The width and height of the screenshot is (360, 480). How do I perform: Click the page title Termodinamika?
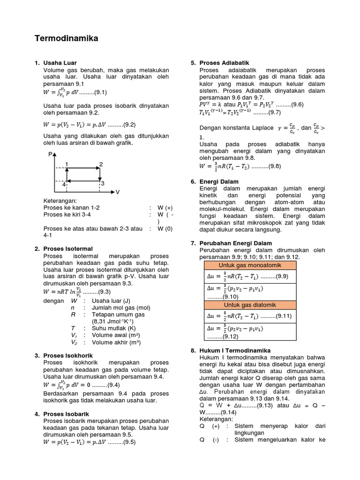[67, 38]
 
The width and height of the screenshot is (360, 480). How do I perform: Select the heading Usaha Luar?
[60, 62]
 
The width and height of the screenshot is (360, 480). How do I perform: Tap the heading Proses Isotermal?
[68, 248]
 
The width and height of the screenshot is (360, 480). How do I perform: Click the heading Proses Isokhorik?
[68, 356]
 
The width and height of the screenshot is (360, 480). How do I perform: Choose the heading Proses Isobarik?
[66, 414]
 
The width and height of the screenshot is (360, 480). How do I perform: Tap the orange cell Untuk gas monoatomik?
[250, 266]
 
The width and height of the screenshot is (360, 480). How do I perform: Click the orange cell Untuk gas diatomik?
[250, 305]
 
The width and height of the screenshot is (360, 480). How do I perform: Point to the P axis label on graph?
[50, 154]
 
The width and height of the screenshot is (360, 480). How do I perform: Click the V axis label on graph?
[118, 192]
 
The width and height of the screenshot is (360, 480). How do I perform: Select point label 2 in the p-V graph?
[101, 164]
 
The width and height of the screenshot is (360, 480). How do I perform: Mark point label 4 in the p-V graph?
[64, 184]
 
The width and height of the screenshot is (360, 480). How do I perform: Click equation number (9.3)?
[101, 291]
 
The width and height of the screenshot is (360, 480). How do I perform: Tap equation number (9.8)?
[271, 166]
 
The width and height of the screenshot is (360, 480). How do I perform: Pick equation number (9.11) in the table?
[282, 316]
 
